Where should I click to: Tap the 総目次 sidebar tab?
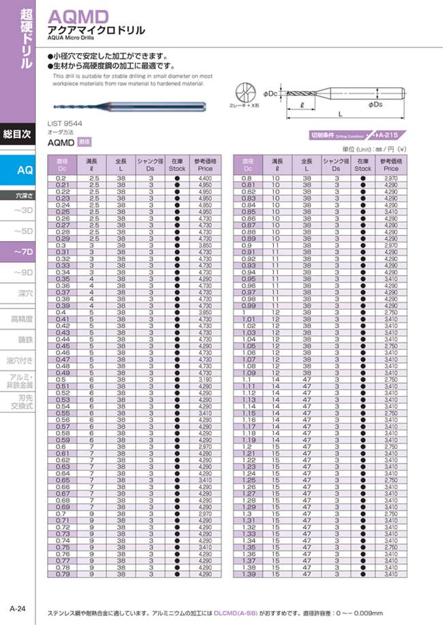tap(17, 134)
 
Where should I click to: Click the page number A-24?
tap(18, 608)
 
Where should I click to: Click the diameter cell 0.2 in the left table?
tap(62, 178)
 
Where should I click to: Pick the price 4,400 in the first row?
tap(205, 178)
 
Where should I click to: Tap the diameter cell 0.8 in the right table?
tap(247, 178)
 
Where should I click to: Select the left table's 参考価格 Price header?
tap(205, 164)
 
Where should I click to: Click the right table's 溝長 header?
tap(277, 164)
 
